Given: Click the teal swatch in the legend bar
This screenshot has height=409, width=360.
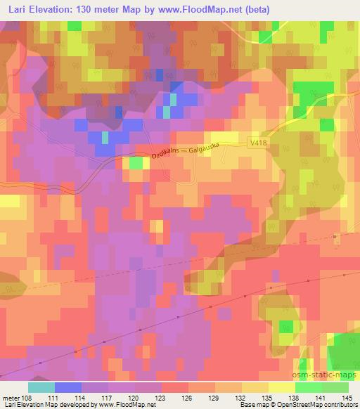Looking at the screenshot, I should [41, 387].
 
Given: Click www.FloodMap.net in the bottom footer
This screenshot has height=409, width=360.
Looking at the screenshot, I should [127, 404].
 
